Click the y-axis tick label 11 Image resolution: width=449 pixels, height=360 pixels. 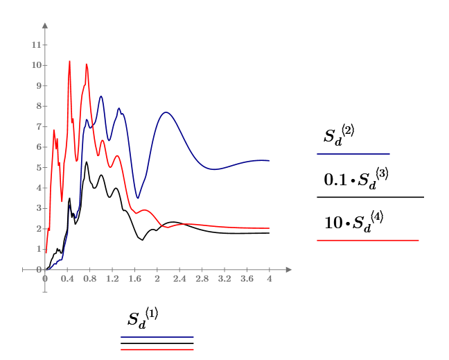(x=35, y=45)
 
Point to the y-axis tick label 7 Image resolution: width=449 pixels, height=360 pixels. (x=36, y=127)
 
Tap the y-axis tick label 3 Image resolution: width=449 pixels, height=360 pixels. (x=36, y=208)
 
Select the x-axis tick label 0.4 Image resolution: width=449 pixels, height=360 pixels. (x=67, y=279)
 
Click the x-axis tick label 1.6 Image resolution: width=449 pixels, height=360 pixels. (x=134, y=279)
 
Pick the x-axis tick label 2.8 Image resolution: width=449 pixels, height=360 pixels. (x=202, y=279)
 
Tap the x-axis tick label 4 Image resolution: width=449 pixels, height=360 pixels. (x=269, y=279)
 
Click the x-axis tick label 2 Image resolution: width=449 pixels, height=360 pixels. (x=157, y=279)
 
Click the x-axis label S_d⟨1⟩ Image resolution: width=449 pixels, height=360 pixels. (x=143, y=319)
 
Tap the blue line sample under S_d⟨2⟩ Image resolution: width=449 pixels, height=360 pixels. (x=353, y=154)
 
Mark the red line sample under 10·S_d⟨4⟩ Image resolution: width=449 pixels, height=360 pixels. (x=367, y=240)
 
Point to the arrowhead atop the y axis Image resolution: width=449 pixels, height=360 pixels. (x=45, y=26)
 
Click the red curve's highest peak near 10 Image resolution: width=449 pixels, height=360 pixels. (x=69, y=61)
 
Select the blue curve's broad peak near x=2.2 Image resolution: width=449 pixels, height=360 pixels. (x=166, y=112)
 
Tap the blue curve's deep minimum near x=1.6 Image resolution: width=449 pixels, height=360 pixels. (x=138, y=198)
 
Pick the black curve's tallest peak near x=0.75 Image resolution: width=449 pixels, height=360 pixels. (x=87, y=162)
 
